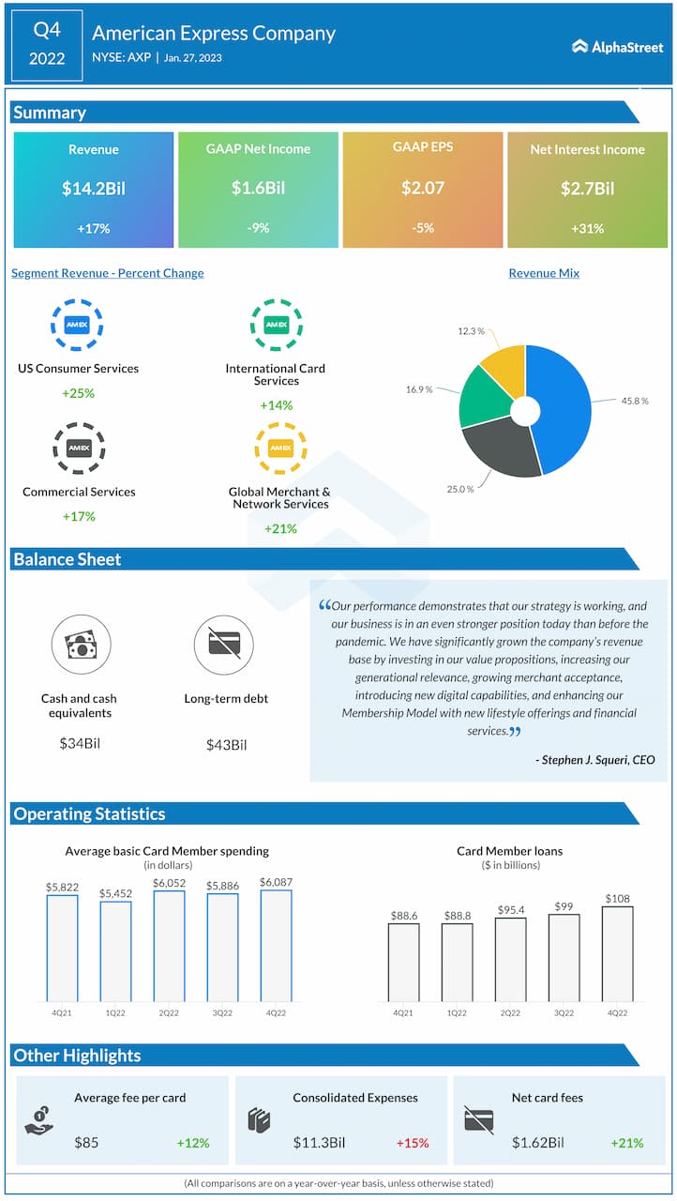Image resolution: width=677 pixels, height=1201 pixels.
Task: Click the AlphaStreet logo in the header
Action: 617,46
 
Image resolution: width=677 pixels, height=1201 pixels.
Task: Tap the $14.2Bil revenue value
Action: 94,189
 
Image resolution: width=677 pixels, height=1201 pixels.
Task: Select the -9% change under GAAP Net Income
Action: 258,228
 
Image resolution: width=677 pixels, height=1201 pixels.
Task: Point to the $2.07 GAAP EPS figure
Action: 423,189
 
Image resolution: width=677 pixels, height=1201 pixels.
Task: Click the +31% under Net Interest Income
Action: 587,228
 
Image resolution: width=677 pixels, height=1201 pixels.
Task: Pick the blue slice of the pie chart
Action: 563,403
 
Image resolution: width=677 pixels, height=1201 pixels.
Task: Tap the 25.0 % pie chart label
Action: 459,489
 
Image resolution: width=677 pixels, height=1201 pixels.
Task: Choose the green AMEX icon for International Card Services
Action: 276,325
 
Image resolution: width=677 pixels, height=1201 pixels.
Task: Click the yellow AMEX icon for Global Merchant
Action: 280,448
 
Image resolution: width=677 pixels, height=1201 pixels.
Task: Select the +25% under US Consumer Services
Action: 79,393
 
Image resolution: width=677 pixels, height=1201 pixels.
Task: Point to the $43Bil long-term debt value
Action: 227,745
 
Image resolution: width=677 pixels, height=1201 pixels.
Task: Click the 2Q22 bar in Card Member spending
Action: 169,946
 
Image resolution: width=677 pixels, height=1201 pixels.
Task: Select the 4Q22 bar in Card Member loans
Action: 617,953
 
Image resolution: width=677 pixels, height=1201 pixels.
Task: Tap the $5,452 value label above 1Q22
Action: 115,893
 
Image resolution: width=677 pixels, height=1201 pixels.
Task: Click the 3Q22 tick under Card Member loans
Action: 564,1013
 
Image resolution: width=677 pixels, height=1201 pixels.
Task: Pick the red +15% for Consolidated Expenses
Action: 413,1143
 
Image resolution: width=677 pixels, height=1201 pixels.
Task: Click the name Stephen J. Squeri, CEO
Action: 596,760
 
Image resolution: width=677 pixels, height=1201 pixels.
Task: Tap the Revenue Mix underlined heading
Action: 544,273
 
